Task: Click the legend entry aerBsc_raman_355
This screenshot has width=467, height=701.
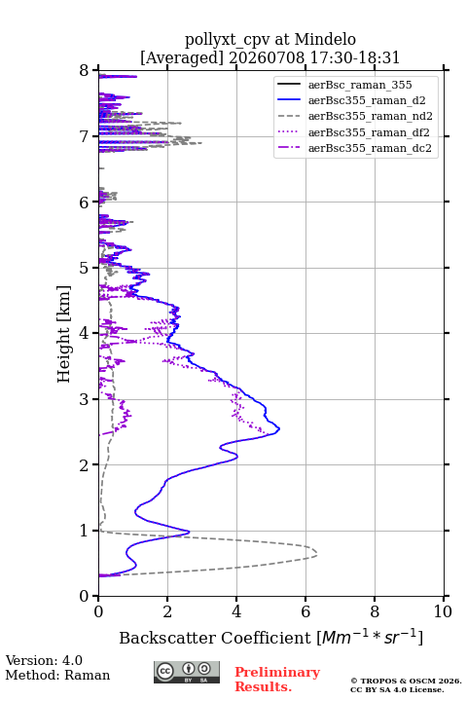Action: [344, 85]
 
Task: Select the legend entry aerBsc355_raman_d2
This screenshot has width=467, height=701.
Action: [351, 100]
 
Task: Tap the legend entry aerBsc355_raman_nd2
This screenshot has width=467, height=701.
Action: [355, 116]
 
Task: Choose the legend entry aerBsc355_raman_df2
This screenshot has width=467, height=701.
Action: [353, 132]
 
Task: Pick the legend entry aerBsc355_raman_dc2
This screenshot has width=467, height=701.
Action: [354, 148]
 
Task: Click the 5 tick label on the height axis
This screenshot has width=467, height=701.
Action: [85, 268]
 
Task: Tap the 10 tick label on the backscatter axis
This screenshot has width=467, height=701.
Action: [443, 611]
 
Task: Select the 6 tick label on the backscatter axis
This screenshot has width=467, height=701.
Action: [305, 611]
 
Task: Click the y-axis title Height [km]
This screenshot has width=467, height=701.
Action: [64, 334]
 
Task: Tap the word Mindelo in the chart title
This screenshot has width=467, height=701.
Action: [325, 39]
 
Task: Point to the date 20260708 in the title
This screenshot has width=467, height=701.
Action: [267, 57]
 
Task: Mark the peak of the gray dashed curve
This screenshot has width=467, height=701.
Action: [317, 555]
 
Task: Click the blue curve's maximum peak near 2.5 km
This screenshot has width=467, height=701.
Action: [279, 429]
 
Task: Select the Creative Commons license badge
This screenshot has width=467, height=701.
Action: [187, 673]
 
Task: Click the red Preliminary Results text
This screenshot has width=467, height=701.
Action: [277, 680]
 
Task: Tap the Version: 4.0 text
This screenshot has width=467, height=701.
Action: [44, 660]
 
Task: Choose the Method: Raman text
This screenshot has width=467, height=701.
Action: [57, 675]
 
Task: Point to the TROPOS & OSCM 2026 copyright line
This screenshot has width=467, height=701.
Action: [406, 681]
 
